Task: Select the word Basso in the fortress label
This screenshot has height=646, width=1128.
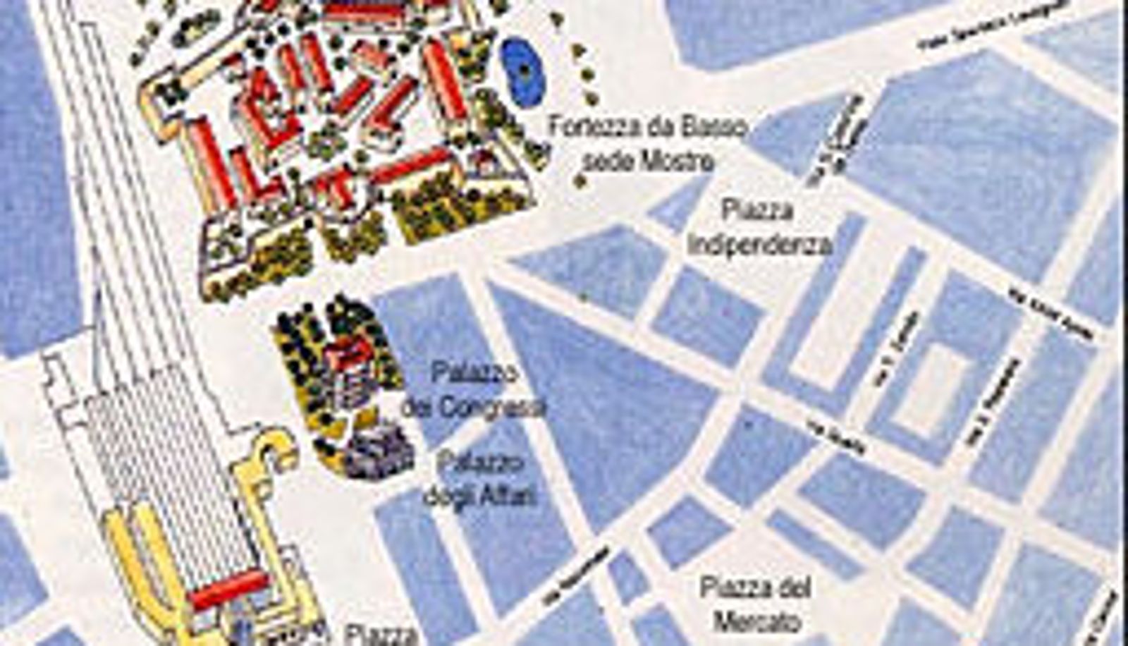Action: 713,129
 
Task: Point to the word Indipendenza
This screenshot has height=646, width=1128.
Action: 760,245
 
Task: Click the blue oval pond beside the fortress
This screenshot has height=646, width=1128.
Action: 524,71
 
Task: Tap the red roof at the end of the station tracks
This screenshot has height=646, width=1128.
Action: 229,589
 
